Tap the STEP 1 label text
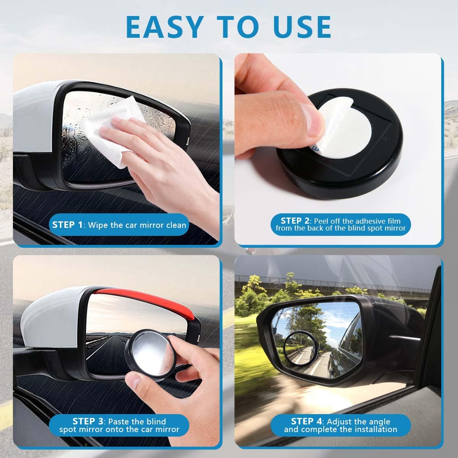coord(67,225)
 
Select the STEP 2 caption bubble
coord(340,224)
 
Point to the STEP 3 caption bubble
coord(119,426)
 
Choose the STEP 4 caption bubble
coord(340,425)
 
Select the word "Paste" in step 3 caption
coord(121,422)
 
